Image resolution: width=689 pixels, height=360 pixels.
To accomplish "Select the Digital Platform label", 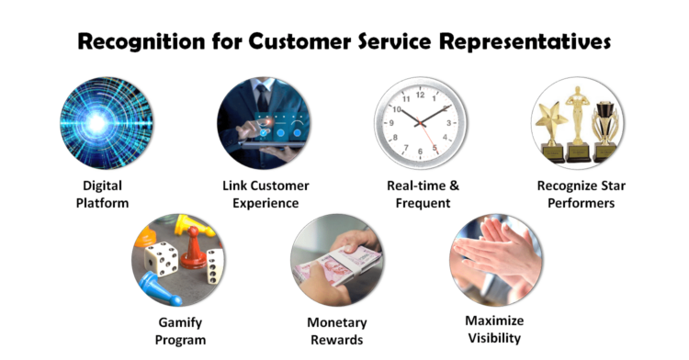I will [103, 194].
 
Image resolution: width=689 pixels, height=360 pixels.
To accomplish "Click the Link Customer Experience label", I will [265, 194].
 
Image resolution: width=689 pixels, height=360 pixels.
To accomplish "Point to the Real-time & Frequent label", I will [423, 194].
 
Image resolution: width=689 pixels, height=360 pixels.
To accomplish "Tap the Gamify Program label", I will [180, 332].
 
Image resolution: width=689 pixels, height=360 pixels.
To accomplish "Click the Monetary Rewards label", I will [337, 332].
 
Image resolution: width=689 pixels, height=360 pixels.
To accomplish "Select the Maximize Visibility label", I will [493, 329].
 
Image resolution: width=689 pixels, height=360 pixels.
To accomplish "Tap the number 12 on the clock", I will [421, 93].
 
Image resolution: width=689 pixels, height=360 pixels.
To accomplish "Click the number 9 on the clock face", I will [392, 121].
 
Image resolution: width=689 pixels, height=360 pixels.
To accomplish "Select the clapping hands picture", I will [495, 261].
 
